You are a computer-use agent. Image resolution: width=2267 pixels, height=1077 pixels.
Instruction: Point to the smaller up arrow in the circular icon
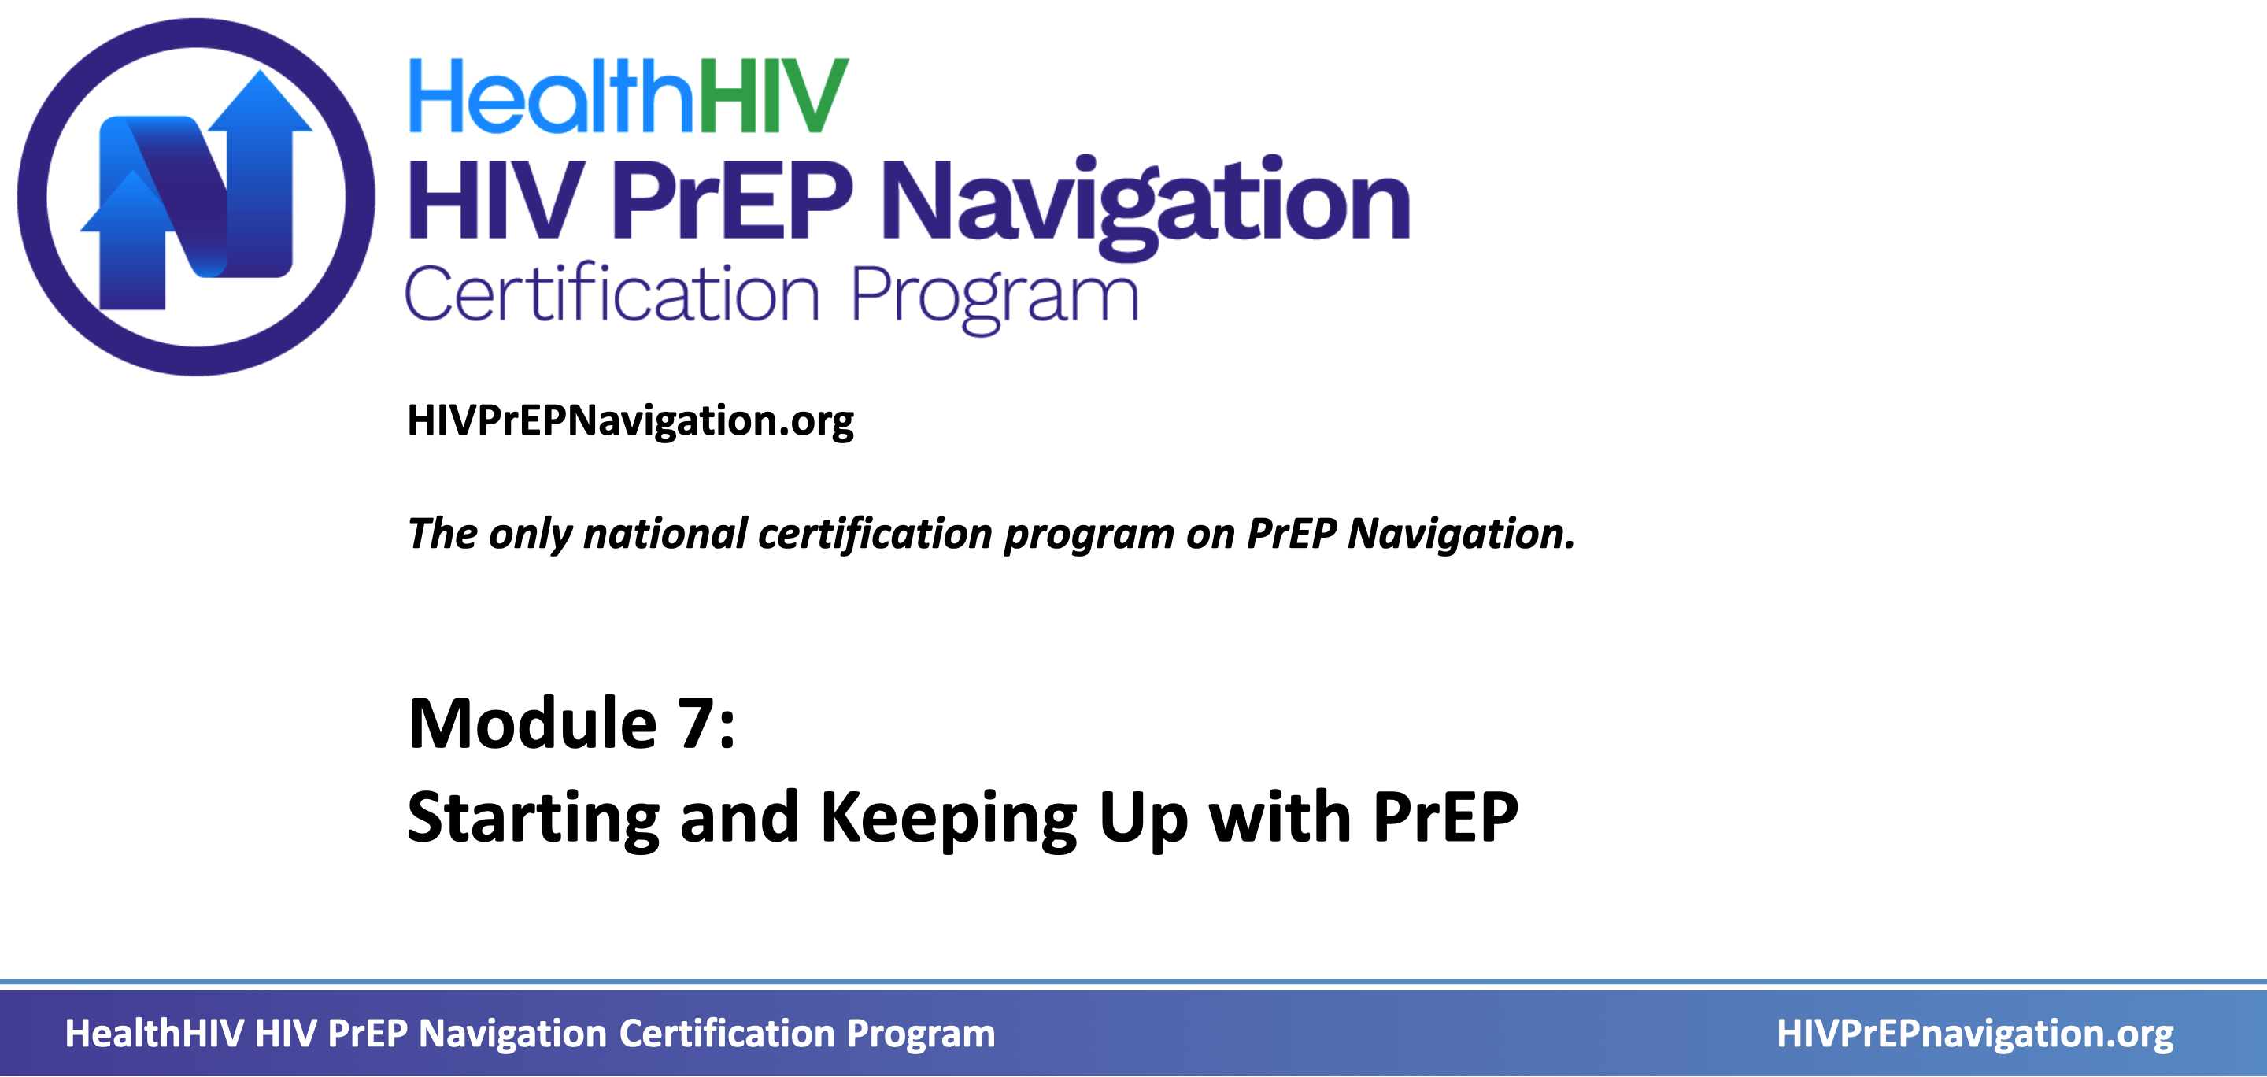[x=132, y=238]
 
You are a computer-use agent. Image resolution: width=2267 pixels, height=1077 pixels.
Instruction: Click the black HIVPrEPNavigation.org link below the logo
[x=630, y=420]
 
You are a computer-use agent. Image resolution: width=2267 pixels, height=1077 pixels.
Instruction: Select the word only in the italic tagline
[x=529, y=534]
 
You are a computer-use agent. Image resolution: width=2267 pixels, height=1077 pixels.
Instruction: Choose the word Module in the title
[x=532, y=724]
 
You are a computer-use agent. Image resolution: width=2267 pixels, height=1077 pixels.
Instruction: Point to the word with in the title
[x=1280, y=816]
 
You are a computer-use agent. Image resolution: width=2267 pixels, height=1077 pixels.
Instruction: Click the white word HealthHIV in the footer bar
[x=154, y=1033]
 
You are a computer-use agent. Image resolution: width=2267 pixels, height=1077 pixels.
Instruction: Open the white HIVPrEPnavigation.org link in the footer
[x=1975, y=1034]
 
